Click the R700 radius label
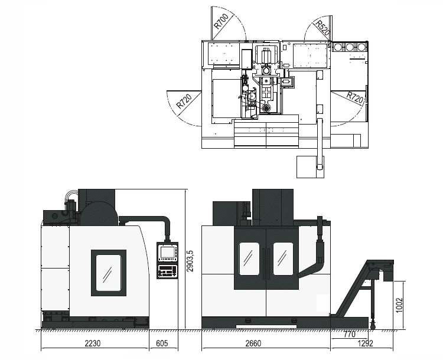[x=221, y=21]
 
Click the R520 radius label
[x=323, y=28]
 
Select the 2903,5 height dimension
[x=190, y=261]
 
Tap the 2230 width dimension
[x=93, y=343]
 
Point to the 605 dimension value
[x=162, y=343]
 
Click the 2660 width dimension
[x=253, y=343]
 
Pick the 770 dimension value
[x=350, y=334]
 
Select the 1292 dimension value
[x=365, y=343]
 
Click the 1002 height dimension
[x=399, y=305]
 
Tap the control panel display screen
[x=167, y=252]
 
